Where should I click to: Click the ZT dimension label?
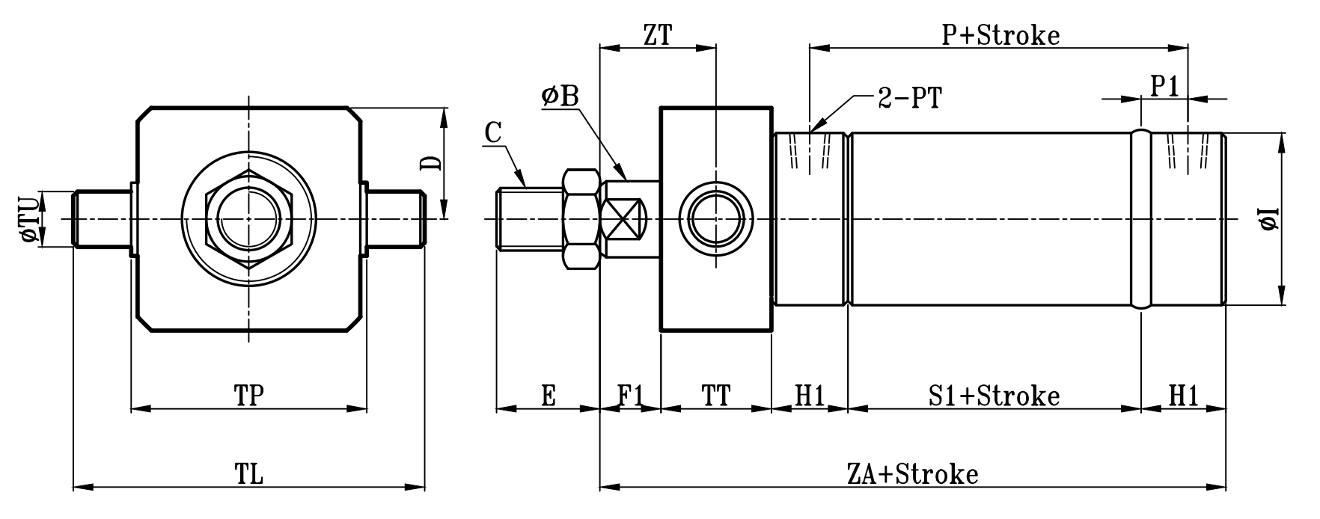pyautogui.click(x=657, y=35)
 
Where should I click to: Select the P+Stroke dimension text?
pyautogui.click(x=1000, y=35)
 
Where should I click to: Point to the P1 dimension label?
pyautogui.click(x=1164, y=87)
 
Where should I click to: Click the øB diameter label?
pyautogui.click(x=561, y=96)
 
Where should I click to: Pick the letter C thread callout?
pyautogui.click(x=492, y=132)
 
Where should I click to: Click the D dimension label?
pyautogui.click(x=430, y=163)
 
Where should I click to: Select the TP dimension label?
pyautogui.click(x=249, y=396)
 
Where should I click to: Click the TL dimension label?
pyautogui.click(x=249, y=475)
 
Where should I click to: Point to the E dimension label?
pyautogui.click(x=549, y=396)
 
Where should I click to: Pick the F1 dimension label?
pyautogui.click(x=631, y=396)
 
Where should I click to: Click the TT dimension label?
pyautogui.click(x=716, y=396)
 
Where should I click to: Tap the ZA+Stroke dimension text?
pyautogui.click(x=912, y=475)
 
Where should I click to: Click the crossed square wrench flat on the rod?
pyautogui.click(x=624, y=219)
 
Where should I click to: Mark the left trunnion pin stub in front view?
pyautogui.click(x=103, y=218)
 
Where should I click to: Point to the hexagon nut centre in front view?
pyautogui.click(x=248, y=218)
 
